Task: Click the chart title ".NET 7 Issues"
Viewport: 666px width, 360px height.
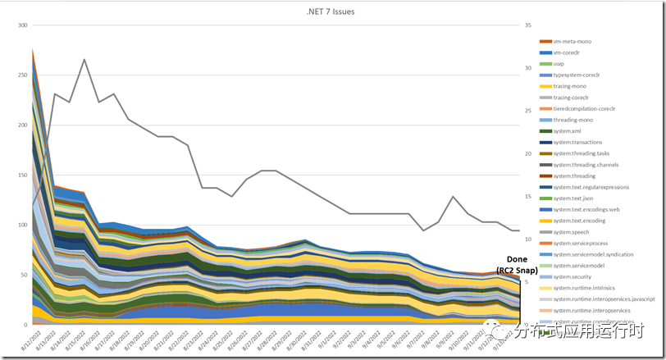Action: [x=332, y=11]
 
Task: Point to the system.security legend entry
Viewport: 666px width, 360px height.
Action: [x=572, y=277]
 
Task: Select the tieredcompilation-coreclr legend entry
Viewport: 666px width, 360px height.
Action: [x=584, y=108]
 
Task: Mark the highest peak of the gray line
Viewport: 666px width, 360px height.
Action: [x=84, y=59]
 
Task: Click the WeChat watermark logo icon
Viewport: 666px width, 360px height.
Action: [x=500, y=330]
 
